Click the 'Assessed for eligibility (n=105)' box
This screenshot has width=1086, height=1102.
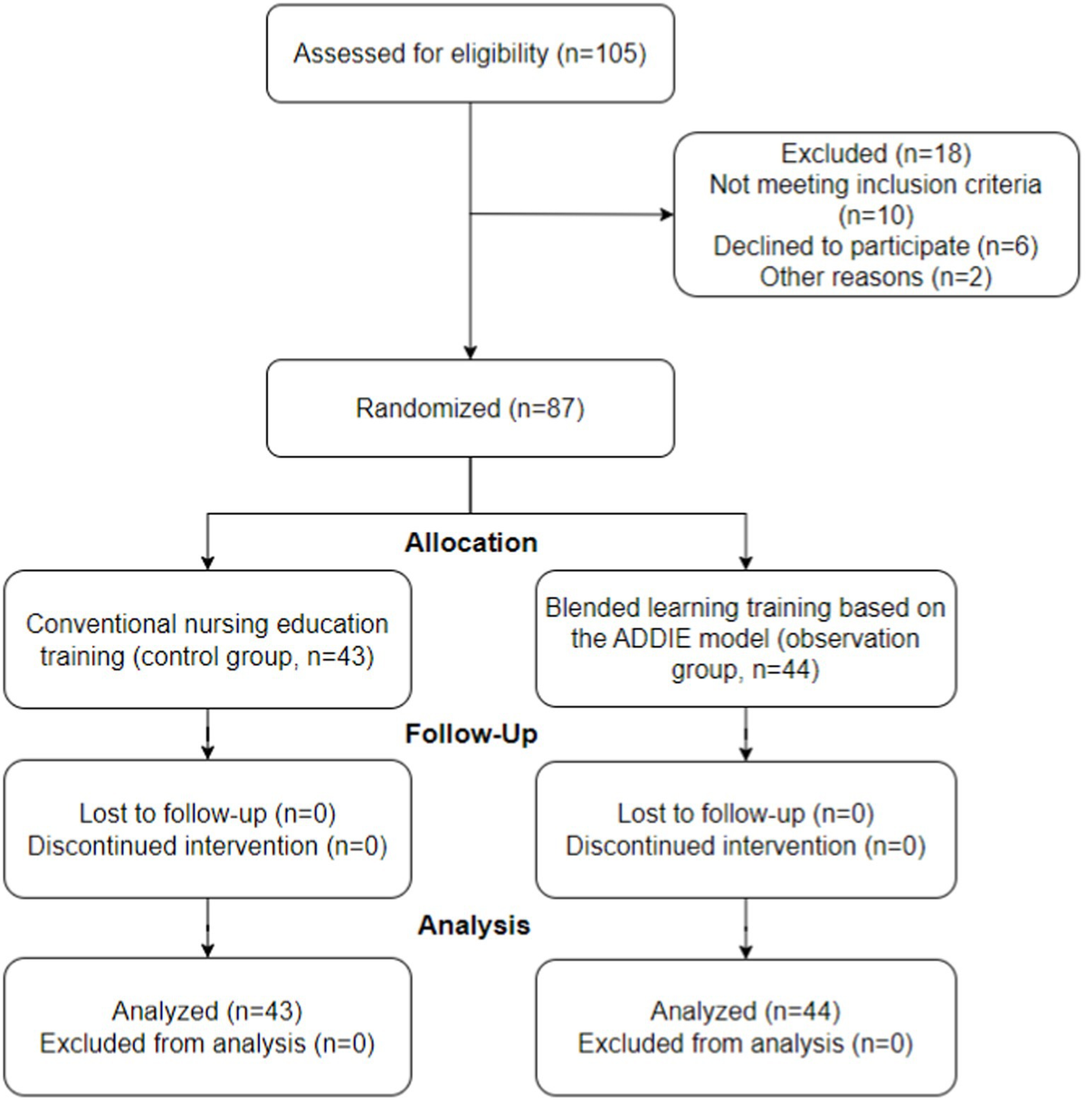coord(470,53)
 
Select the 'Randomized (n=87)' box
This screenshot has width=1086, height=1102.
coord(470,408)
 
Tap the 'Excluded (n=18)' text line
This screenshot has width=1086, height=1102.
coord(875,154)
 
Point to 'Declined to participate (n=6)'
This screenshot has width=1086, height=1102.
coord(875,246)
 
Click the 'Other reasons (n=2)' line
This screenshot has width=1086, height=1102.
coord(875,277)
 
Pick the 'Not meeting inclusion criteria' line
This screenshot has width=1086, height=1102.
coord(875,185)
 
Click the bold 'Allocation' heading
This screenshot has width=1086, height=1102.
coord(471,543)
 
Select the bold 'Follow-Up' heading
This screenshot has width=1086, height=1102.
coord(471,734)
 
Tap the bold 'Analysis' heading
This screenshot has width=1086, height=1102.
coord(473,926)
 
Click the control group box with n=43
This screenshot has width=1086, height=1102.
coord(207,640)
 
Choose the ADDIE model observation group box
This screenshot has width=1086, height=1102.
coord(746,639)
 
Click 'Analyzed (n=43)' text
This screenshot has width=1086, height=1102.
coord(207,1011)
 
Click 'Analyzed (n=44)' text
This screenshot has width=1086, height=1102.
coord(746,1011)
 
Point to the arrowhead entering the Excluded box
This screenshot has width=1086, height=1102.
coord(668,214)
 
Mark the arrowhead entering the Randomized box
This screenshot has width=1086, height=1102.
coord(470,353)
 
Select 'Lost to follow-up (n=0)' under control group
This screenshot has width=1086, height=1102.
coord(207,813)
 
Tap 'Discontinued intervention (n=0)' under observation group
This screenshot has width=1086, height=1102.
coord(746,846)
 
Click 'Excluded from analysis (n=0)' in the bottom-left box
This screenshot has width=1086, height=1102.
coord(207,1043)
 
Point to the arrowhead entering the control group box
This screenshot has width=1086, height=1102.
coord(208,563)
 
